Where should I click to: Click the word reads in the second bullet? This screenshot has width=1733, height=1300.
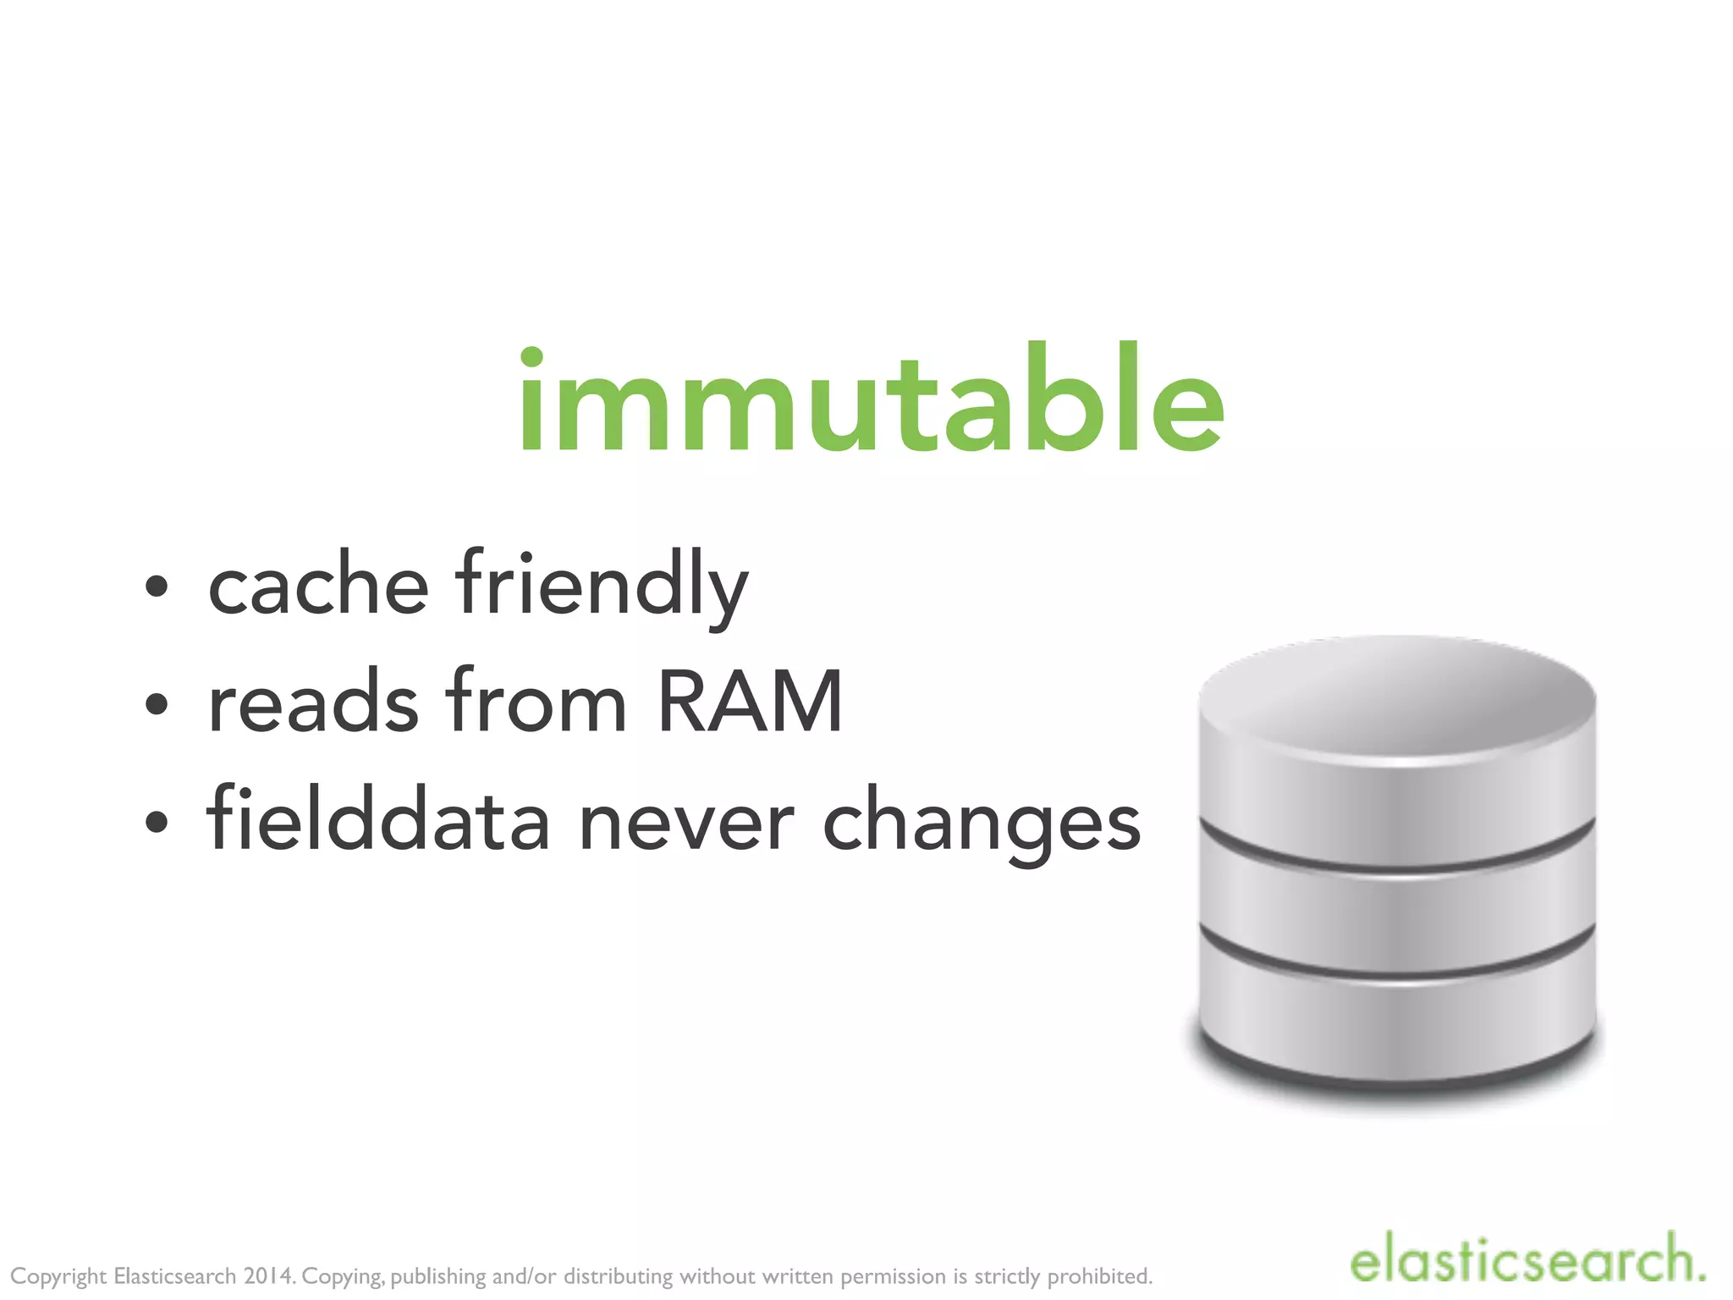click(313, 702)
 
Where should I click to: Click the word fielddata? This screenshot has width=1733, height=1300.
click(377, 819)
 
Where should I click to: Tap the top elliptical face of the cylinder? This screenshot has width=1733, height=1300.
click(1396, 698)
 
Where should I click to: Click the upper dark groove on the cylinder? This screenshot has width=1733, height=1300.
click(1396, 857)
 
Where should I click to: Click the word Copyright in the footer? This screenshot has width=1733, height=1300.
click(58, 1276)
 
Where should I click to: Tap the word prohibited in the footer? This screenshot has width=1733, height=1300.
click(1100, 1276)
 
